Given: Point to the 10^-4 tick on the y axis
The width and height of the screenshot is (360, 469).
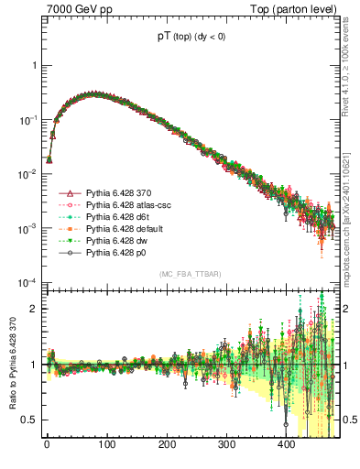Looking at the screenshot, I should pyautogui.click(x=27, y=281).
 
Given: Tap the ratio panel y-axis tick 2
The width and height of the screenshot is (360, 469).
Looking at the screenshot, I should pyautogui.click(x=32, y=309).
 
